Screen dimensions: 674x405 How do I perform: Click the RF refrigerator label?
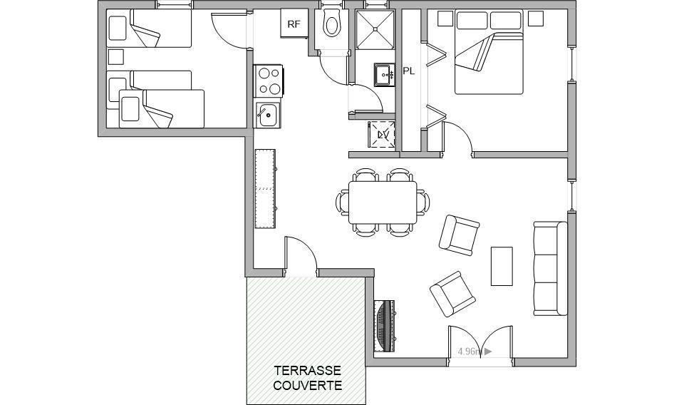(294, 24)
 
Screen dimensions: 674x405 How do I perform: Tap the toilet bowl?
(331, 24)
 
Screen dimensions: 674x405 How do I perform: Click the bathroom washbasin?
(384, 75)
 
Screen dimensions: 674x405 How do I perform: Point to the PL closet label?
(409, 71)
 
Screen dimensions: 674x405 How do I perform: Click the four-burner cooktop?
(268, 81)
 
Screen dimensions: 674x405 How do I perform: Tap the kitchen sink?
(268, 115)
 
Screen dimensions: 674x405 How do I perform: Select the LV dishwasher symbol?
(382, 135)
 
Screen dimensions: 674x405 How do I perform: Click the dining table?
(383, 202)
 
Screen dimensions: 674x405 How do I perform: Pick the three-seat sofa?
(551, 269)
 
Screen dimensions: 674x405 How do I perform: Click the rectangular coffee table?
(502, 266)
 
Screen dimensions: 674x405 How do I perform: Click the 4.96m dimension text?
(470, 352)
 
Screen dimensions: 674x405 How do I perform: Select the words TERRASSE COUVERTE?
(308, 378)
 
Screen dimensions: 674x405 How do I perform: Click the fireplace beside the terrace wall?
(385, 327)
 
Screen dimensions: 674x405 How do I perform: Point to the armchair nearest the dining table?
(459, 235)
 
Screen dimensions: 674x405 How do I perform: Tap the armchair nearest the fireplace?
(452, 294)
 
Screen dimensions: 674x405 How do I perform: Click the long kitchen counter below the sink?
(265, 188)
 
